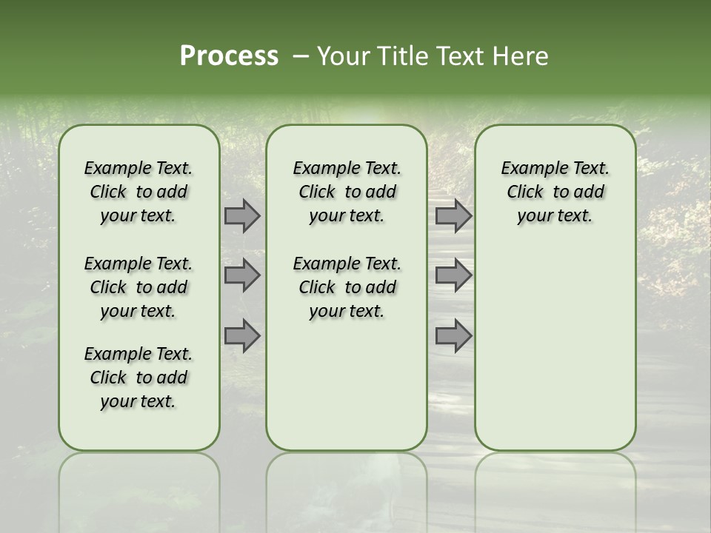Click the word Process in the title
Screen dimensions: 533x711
[x=229, y=56]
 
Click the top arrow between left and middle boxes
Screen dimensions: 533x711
[x=242, y=215]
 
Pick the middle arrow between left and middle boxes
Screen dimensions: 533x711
[x=242, y=275]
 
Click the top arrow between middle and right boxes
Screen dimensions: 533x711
[x=453, y=215]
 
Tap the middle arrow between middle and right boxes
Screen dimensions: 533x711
[x=453, y=275]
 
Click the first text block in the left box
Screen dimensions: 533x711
[x=138, y=192]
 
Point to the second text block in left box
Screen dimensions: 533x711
[x=138, y=287]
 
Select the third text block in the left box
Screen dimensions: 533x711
[x=138, y=378]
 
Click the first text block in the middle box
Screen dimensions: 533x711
[x=347, y=192]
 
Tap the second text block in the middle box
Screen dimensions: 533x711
[x=347, y=287]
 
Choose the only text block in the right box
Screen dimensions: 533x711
[x=555, y=192]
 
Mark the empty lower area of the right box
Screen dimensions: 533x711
[x=555, y=348]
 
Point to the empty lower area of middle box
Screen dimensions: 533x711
[x=347, y=385]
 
